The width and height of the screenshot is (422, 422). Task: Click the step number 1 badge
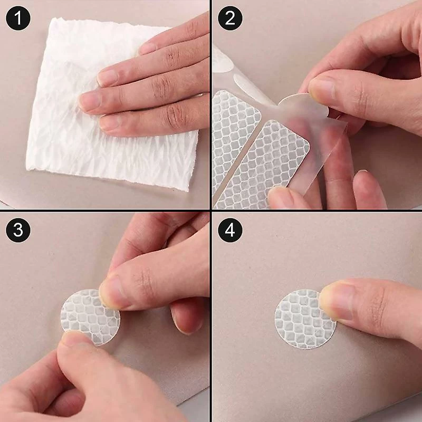click(18, 18)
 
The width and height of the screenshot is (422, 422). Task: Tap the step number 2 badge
click(230, 18)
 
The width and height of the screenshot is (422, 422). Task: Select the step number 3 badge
click(18, 231)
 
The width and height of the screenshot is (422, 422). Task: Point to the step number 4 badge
click(230, 231)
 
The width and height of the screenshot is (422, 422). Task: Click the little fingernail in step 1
click(110, 123)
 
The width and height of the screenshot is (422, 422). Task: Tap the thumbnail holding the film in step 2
click(322, 88)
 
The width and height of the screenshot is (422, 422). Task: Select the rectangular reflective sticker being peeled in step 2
click(265, 164)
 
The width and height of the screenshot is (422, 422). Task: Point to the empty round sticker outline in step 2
click(250, 86)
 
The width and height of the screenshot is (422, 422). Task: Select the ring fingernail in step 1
click(89, 100)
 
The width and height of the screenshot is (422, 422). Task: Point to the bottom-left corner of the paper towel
click(26, 169)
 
